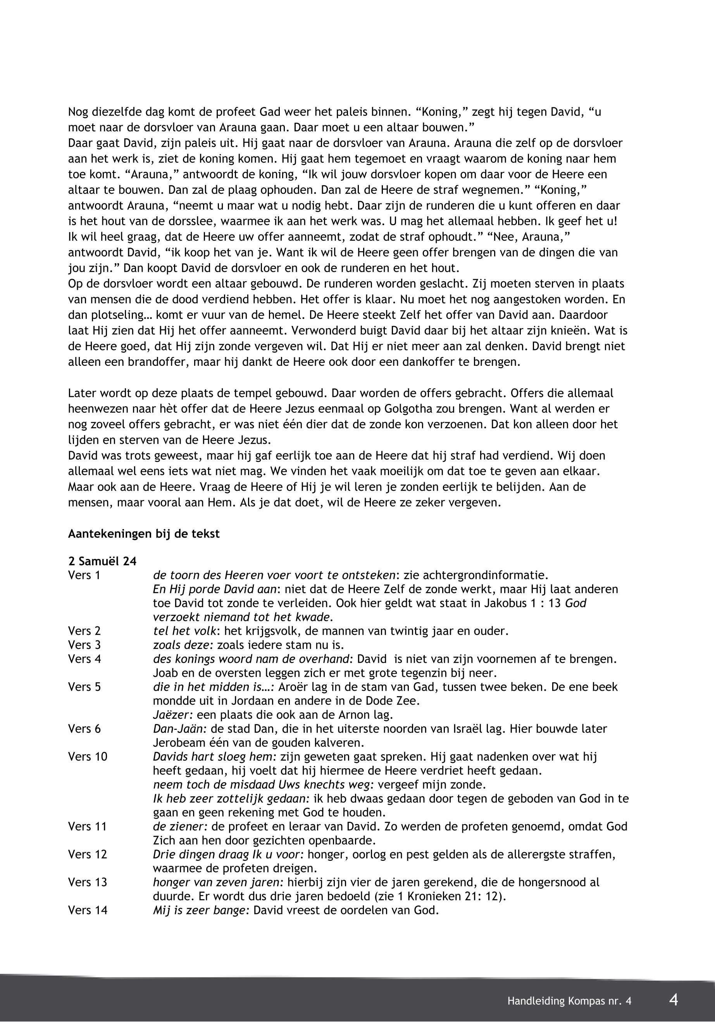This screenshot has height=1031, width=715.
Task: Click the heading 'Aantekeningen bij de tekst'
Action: (x=144, y=534)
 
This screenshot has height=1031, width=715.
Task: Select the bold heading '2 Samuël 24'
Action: (x=102, y=561)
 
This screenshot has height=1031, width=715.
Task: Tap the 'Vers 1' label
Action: (x=84, y=575)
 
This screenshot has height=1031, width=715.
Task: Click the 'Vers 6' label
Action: (x=84, y=729)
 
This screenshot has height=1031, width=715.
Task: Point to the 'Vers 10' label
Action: (x=88, y=757)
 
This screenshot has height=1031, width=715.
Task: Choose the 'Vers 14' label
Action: (x=88, y=910)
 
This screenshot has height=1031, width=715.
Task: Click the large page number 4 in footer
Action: (x=673, y=1000)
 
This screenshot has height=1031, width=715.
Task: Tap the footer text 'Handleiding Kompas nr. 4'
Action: (x=569, y=1001)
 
